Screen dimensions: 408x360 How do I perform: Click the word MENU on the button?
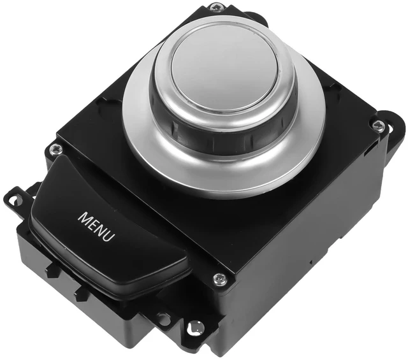click(x=96, y=227)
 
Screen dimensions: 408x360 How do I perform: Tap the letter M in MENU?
click(x=84, y=219)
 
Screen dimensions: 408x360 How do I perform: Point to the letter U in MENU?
click(x=110, y=236)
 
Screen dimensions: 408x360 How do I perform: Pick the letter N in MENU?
click(x=101, y=229)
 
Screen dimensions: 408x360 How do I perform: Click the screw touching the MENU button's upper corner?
click(x=56, y=150)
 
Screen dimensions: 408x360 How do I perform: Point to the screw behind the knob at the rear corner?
click(x=216, y=7)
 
